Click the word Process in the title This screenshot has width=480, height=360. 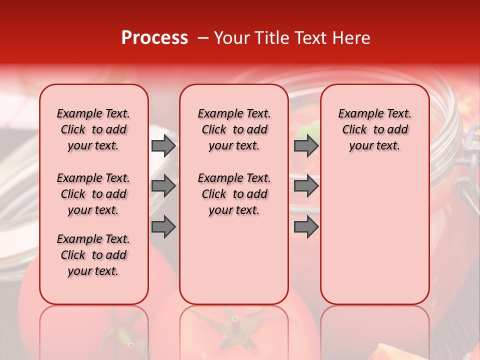click(154, 38)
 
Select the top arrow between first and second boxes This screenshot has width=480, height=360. click(163, 145)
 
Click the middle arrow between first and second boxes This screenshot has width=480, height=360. click(163, 186)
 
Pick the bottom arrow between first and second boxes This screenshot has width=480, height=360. click(163, 227)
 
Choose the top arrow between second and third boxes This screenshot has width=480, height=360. click(306, 145)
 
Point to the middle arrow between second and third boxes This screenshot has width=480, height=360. click(306, 186)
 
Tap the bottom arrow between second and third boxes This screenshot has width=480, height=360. click(306, 227)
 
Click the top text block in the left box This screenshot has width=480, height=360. click(93, 129)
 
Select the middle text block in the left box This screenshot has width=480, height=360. click(93, 194)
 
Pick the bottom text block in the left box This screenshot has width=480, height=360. click(93, 255)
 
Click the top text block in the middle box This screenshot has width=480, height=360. click(234, 129)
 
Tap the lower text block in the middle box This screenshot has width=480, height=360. click(234, 194)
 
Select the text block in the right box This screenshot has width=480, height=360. click(374, 129)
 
